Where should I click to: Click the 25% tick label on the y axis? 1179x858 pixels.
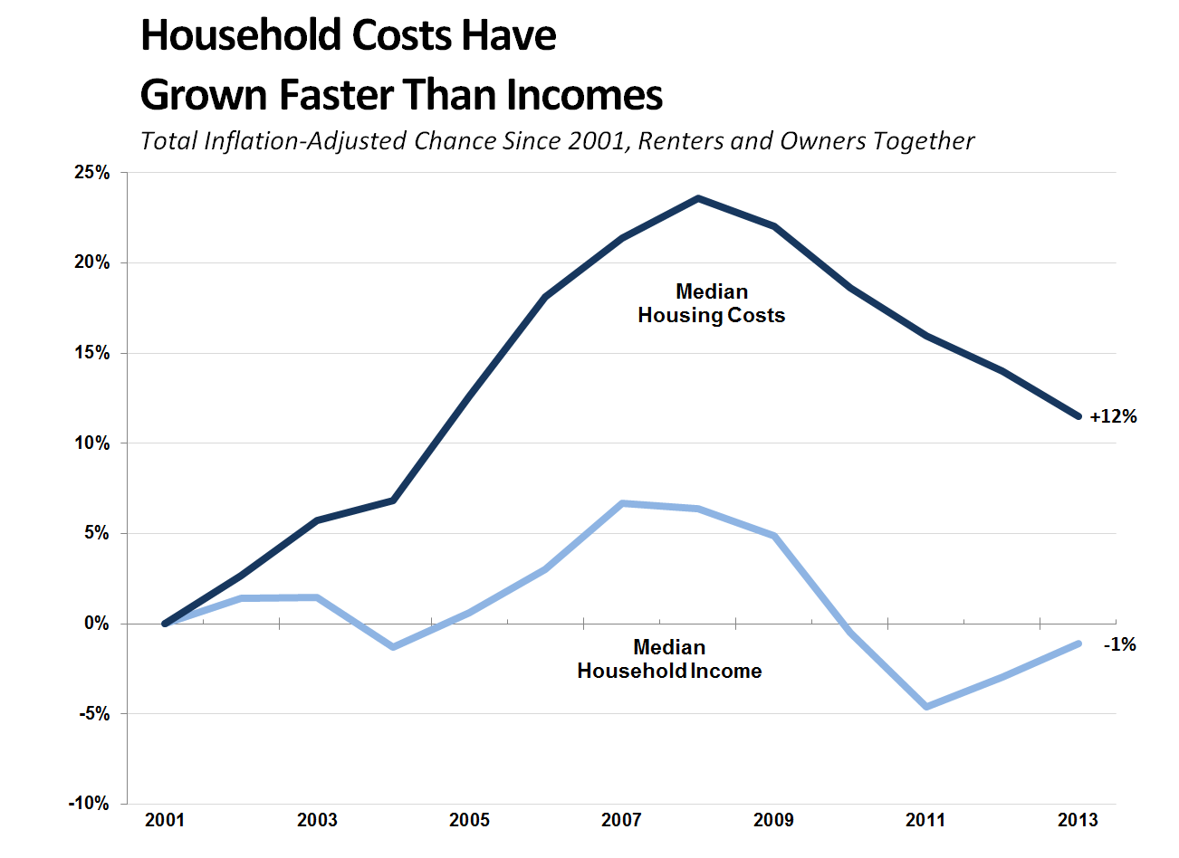pos(91,173)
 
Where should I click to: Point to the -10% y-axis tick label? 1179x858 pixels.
pos(88,804)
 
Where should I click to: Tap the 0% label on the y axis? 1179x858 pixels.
pos(96,624)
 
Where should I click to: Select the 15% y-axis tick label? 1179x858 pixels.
pos(91,353)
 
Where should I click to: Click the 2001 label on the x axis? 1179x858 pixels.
pos(165,820)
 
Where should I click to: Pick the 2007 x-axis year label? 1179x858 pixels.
pos(621,820)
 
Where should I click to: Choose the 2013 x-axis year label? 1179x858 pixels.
pos(1078,820)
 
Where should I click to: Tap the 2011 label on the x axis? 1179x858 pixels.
pos(925,820)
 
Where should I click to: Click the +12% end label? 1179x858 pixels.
pos(1113,416)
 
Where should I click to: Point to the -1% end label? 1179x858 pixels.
pos(1120,644)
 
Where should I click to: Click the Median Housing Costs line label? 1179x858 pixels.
pos(712,303)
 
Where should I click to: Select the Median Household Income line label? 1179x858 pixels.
pos(669,659)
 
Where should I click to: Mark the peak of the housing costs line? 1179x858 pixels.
pos(698,198)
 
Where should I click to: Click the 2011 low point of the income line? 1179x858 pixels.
pos(926,706)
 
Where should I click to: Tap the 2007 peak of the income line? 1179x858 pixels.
pos(622,503)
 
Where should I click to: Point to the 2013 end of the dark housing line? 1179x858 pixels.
pos(1078,416)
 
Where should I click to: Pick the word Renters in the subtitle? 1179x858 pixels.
pos(676,141)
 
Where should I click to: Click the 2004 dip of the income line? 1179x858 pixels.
pos(393,647)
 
